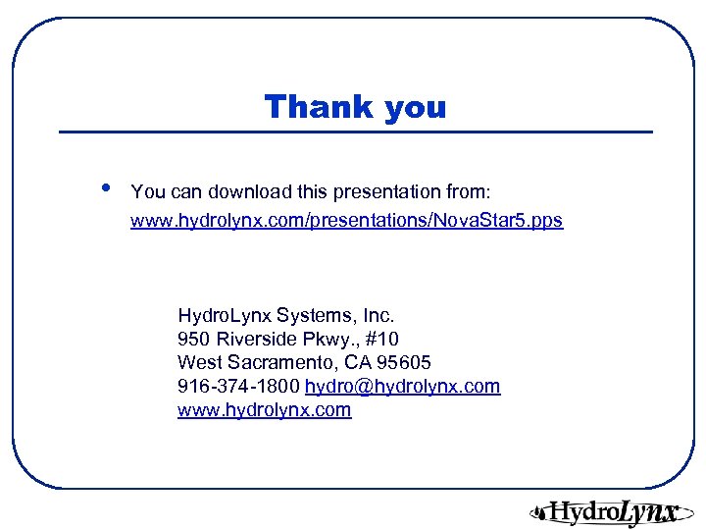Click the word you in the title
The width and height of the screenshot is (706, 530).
coord(415,108)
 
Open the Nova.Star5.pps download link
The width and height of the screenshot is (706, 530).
coord(346,220)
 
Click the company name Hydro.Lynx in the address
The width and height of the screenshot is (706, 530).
coord(225,316)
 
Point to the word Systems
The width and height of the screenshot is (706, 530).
coord(317,316)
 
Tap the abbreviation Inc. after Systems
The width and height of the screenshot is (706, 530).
coord(378,316)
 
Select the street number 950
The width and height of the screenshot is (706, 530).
coord(194,340)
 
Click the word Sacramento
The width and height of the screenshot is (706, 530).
coord(273,363)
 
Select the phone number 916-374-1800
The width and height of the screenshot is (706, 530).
coord(238,387)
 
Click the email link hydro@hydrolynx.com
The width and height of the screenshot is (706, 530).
coord(402,387)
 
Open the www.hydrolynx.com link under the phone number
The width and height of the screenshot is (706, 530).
coord(264,410)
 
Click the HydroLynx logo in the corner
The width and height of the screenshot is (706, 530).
coord(604,511)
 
